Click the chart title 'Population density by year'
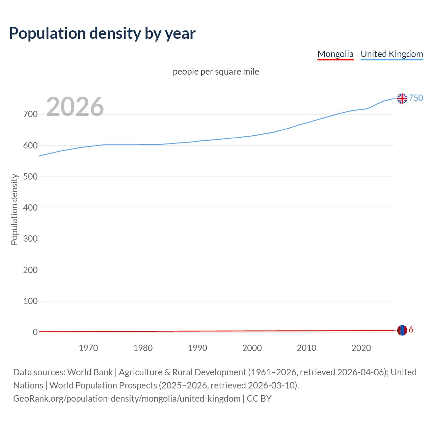[102, 33]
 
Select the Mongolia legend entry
[335, 54]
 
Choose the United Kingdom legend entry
[391, 54]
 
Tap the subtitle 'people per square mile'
[216, 72]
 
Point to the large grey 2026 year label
[75, 107]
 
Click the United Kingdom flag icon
[402, 99]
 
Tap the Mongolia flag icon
[402, 330]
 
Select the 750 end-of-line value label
[416, 98]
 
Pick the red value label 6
[411, 330]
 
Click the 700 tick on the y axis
[30, 114]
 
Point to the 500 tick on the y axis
[30, 177]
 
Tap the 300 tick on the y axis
[30, 239]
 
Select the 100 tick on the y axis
[30, 301]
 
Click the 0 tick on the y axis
[35, 332]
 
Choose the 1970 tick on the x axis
[88, 348]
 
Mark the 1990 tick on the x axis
[197, 348]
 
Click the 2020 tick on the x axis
[361, 348]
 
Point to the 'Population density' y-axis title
[14, 209]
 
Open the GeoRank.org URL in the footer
[127, 399]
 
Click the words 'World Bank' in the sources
[90, 372]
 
